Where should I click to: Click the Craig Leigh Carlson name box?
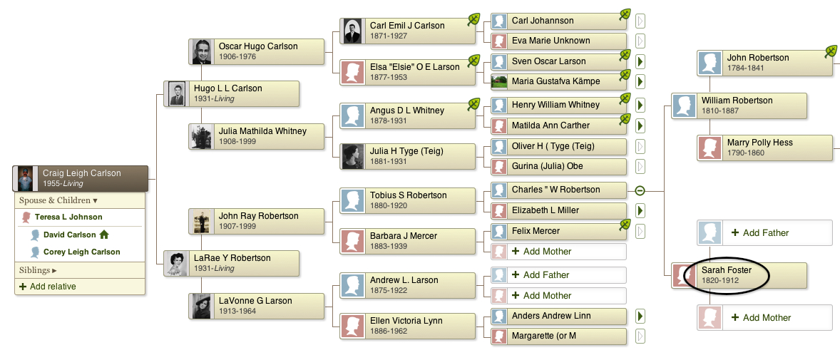79,178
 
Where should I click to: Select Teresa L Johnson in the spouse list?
68,217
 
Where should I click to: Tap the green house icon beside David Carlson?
104,234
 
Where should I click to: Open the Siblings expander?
38,271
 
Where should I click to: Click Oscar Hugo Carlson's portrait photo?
201,51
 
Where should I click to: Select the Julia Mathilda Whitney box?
257,136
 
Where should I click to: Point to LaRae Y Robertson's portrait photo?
176,264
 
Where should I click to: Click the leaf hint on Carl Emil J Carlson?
473,19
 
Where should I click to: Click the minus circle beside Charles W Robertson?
640,190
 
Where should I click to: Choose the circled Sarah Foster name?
727,270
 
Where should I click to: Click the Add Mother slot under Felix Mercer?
559,251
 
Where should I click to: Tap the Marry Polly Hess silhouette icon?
710,148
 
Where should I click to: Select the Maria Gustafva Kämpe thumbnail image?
499,81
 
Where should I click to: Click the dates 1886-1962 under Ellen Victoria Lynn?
389,331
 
